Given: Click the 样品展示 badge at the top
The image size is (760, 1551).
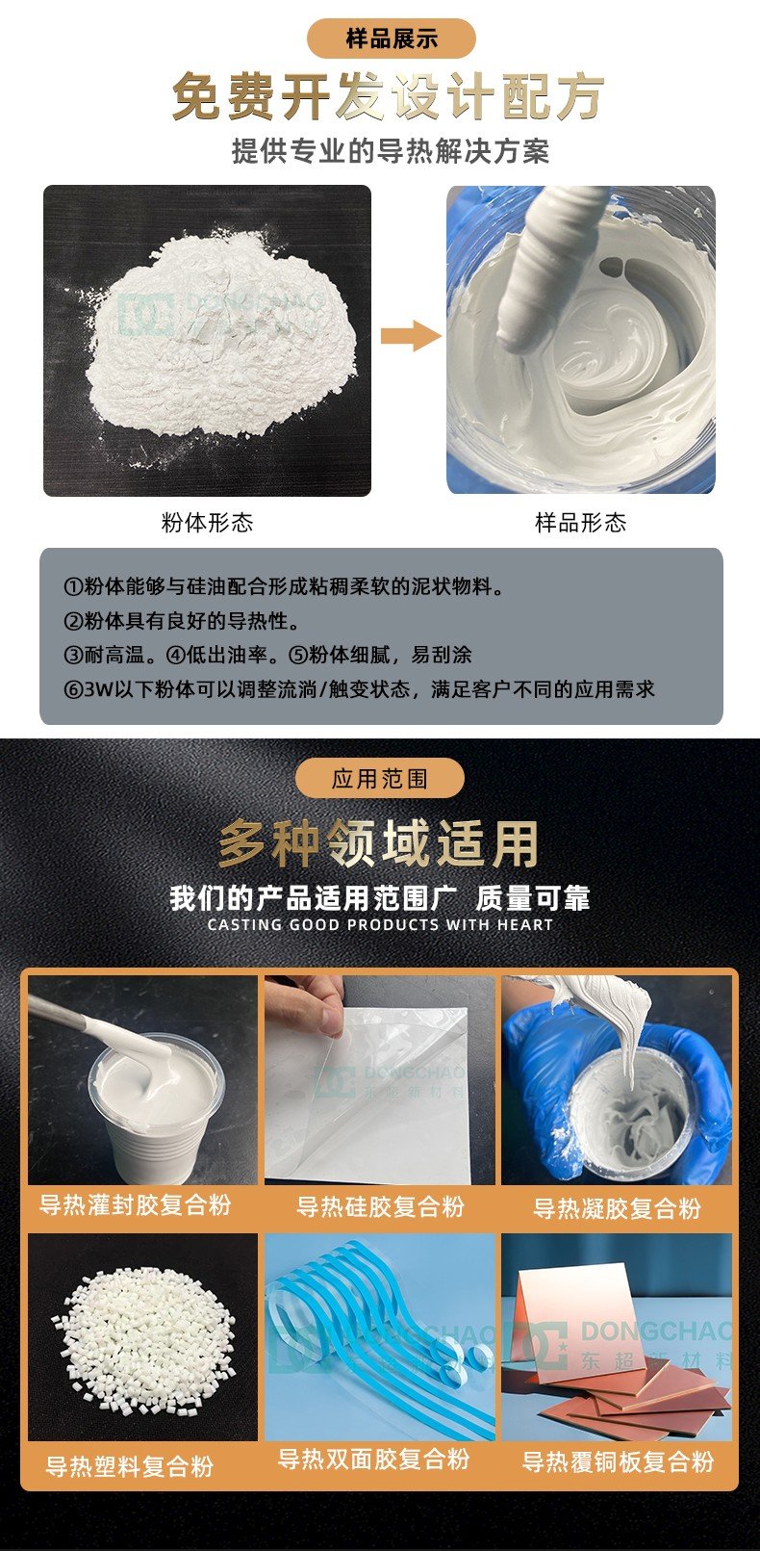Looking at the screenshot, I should tap(391, 39).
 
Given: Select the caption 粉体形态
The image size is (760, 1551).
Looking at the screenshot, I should tap(207, 523).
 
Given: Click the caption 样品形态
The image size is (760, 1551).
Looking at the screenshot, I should tap(580, 523).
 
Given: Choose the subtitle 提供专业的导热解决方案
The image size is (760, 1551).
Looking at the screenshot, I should tap(390, 151).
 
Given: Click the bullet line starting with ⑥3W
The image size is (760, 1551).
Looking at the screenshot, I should tap(359, 689).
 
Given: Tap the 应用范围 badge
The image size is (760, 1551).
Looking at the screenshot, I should tap(380, 778).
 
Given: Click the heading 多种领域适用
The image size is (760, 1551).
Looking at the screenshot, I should tap(378, 843).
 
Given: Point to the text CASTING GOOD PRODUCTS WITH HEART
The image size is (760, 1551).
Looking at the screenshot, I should tap(380, 925).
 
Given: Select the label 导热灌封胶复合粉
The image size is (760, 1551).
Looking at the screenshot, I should tap(136, 1204).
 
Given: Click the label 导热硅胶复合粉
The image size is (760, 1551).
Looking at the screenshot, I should tap(380, 1206).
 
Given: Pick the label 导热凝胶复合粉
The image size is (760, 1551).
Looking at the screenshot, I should tap(617, 1208).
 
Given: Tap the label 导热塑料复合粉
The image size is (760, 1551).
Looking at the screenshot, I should tap(129, 1466).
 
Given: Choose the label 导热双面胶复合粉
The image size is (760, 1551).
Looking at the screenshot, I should tap(374, 1459).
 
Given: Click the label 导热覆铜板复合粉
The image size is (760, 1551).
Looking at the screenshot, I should tap(618, 1462).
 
